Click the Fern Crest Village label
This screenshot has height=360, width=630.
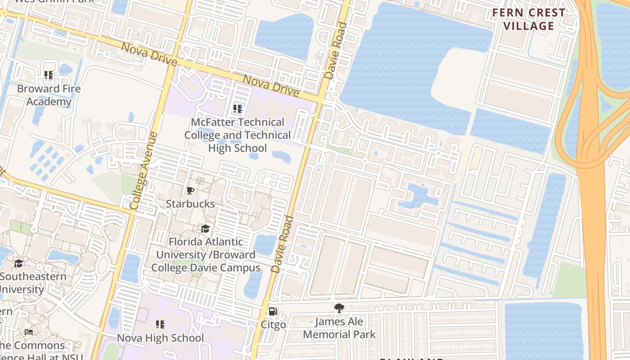coord(528,19)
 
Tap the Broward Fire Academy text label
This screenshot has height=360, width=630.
coord(49,95)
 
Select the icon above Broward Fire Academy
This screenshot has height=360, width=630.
coord(49,75)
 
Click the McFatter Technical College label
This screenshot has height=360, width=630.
coord(238,135)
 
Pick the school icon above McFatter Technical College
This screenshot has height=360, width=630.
coord(238,108)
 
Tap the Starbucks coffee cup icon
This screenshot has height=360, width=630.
coord(190,190)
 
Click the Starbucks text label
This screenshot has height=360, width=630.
coord(190,204)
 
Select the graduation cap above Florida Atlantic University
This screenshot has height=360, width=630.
coord(206,229)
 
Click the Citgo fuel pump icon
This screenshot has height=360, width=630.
coord(273,311)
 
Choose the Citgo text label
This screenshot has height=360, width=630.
coord(273,325)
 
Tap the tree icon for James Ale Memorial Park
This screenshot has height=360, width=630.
coord(339,308)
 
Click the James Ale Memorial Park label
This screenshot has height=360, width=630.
coord(339,328)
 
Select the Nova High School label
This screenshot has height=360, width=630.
coord(160,338)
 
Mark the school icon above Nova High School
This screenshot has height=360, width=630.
coord(160,324)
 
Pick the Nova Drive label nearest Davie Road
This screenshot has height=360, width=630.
coord(271,85)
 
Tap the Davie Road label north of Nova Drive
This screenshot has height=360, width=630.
coord(336,51)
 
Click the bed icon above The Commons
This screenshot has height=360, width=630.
coord(28,332)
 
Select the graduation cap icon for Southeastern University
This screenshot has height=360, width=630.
coord(18,263)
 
